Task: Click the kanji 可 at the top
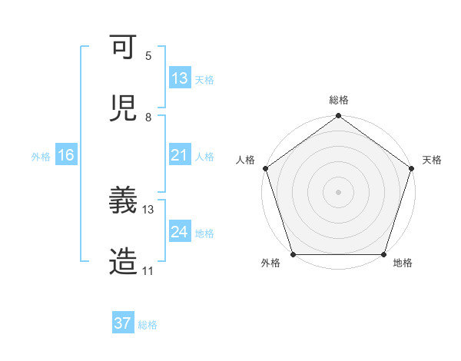click(x=123, y=48)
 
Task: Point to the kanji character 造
click(x=123, y=261)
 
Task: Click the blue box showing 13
click(x=180, y=78)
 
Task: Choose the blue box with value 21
click(x=180, y=155)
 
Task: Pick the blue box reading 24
click(x=180, y=232)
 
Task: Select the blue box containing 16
click(x=65, y=155)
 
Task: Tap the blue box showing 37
click(x=123, y=323)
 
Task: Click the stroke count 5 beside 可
click(x=148, y=56)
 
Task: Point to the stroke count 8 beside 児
click(x=148, y=117)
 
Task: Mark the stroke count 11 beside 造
click(x=148, y=270)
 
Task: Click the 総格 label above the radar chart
click(x=339, y=100)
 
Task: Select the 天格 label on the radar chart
click(x=433, y=160)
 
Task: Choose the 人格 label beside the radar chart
click(x=245, y=160)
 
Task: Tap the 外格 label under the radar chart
click(x=270, y=263)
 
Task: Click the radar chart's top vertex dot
click(x=339, y=117)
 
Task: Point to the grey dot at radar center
click(x=339, y=191)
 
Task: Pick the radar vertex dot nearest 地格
click(x=384, y=254)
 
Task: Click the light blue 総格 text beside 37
click(x=148, y=325)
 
